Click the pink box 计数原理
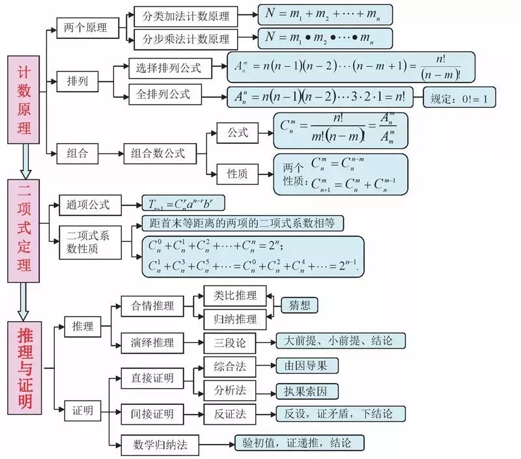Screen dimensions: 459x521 click(x=25, y=99)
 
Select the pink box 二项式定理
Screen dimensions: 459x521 click(x=25, y=231)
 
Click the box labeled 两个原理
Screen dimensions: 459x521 click(x=87, y=27)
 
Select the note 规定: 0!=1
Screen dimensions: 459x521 click(x=459, y=98)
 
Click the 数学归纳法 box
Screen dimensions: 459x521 click(x=160, y=444)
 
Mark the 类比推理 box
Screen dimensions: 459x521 click(x=230, y=295)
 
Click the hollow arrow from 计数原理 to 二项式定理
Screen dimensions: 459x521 click(x=25, y=162)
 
